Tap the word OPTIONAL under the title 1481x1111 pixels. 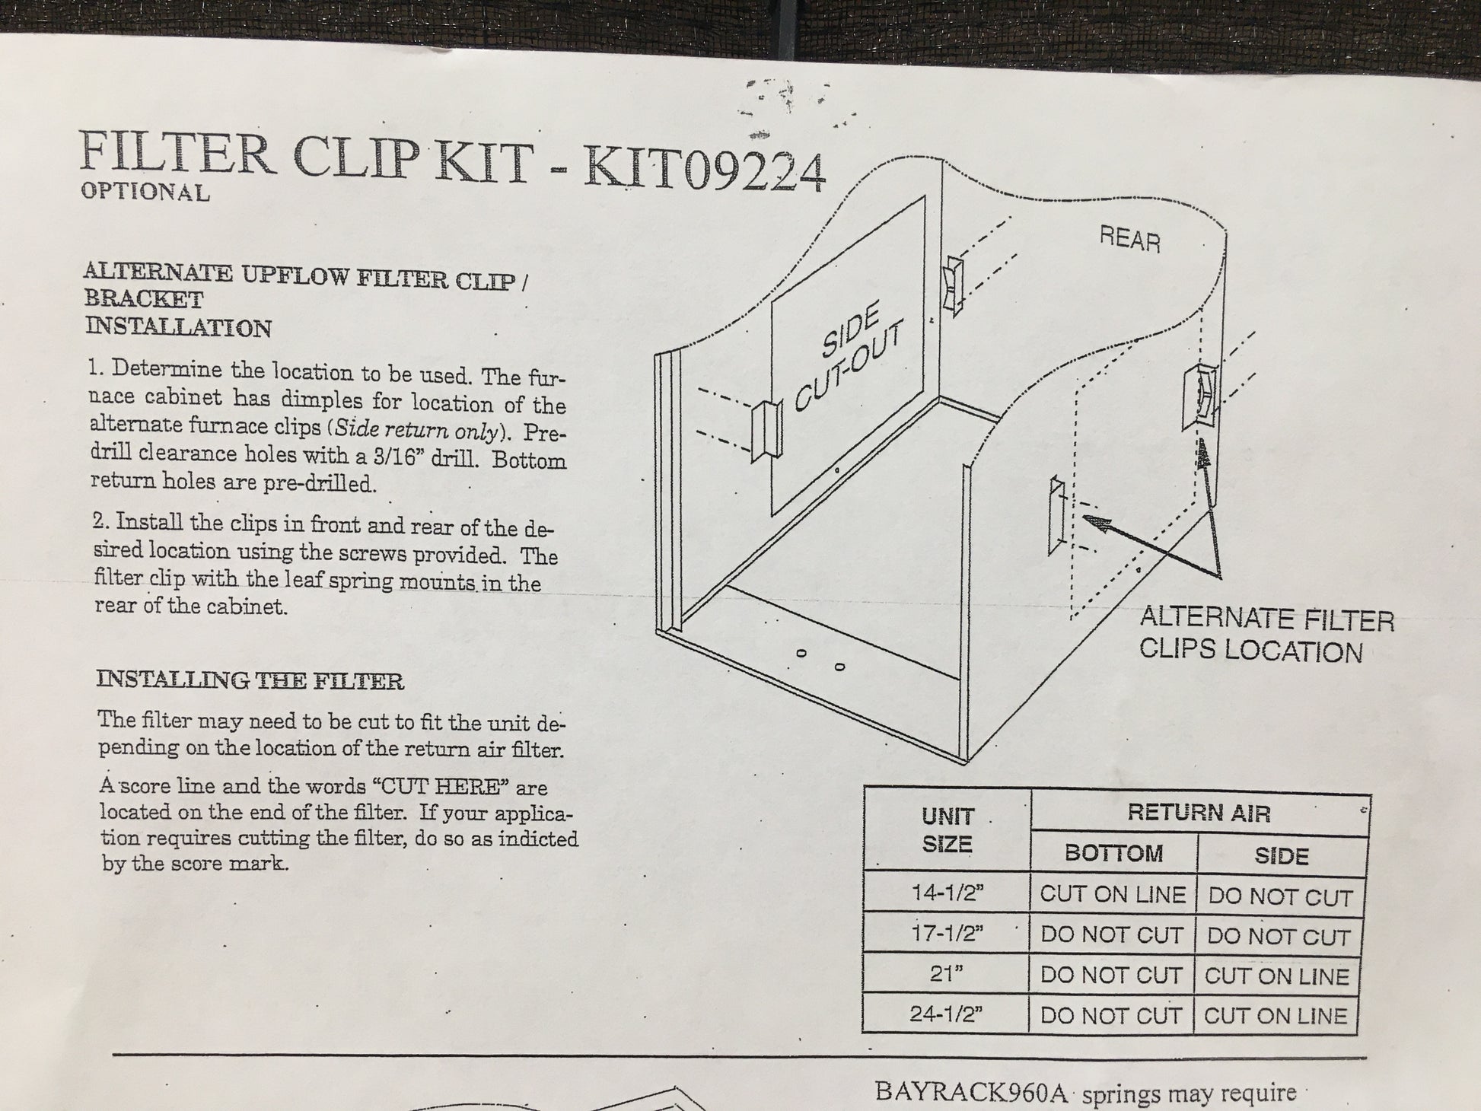[x=145, y=192]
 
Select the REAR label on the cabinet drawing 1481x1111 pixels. [x=1130, y=240]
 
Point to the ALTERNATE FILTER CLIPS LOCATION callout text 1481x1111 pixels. [x=1267, y=635]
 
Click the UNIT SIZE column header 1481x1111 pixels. [x=948, y=830]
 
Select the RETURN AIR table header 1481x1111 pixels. [x=1199, y=813]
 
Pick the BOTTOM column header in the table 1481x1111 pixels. [x=1113, y=854]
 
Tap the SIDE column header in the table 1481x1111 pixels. [x=1282, y=857]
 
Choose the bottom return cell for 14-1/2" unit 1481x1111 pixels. [x=1113, y=895]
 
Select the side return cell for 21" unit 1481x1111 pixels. [x=1276, y=976]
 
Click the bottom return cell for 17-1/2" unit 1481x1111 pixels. [x=1112, y=935]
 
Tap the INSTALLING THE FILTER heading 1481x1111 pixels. [x=250, y=680]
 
